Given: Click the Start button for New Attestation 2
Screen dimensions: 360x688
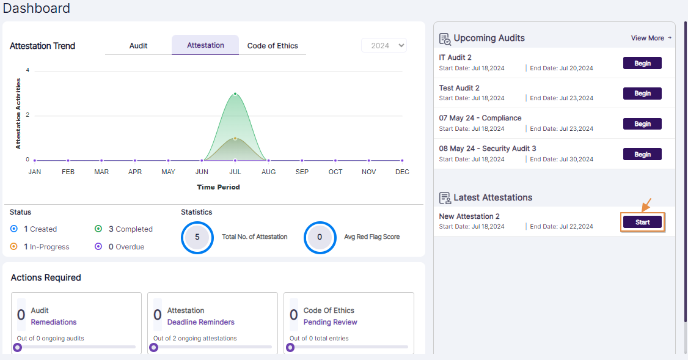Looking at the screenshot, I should [x=642, y=222].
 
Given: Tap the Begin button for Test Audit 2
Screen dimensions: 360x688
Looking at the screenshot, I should [x=642, y=94].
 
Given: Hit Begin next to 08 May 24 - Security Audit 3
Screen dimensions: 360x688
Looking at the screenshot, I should [x=642, y=155].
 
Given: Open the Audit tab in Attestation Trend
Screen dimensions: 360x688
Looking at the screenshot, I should [x=138, y=46].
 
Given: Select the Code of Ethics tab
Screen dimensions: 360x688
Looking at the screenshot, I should [x=273, y=46].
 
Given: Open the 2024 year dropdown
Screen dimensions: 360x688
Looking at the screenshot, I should [x=384, y=46].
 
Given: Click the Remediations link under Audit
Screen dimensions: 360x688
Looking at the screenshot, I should [x=54, y=322].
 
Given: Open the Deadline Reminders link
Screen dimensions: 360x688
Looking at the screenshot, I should [x=201, y=322].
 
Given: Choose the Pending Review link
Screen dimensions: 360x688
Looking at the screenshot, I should [x=331, y=322].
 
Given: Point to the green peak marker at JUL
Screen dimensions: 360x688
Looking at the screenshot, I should [x=235, y=94].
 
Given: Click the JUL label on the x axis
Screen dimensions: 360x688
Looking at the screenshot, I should [x=235, y=172].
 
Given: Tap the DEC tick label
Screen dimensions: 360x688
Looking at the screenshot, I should [x=402, y=172].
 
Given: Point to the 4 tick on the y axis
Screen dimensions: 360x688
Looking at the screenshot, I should [x=27, y=70].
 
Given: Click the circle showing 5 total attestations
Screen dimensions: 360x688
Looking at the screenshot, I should [x=197, y=237].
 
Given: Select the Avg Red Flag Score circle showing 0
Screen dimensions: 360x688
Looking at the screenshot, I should [x=320, y=237].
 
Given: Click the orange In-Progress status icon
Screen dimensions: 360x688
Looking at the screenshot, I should [x=14, y=247].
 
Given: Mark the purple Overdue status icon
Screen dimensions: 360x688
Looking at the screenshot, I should [x=98, y=247].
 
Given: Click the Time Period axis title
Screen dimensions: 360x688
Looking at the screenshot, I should [x=218, y=187].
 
